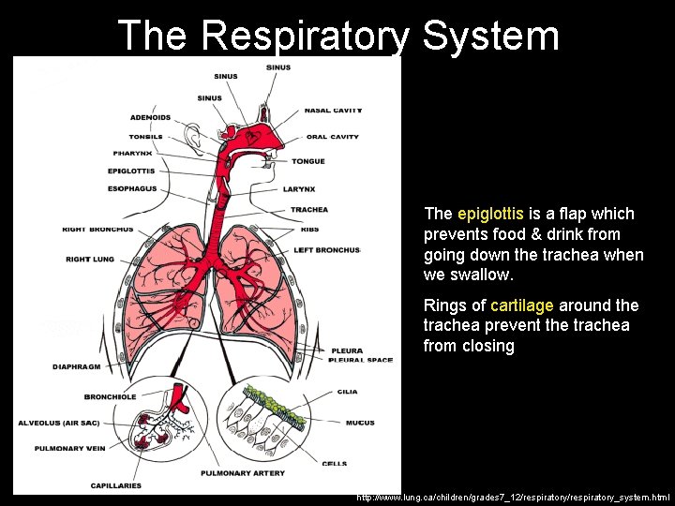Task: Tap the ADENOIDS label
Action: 150,117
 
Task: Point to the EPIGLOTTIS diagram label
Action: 131,171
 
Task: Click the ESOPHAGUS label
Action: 132,188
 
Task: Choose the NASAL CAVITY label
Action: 333,111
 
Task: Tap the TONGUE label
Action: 307,161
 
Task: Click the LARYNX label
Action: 305,188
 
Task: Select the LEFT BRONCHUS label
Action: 326,250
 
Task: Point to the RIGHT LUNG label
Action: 90,259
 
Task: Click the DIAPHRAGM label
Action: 76,366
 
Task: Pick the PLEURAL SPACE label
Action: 361,360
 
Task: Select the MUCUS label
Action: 360,423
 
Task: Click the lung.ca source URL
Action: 513,497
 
